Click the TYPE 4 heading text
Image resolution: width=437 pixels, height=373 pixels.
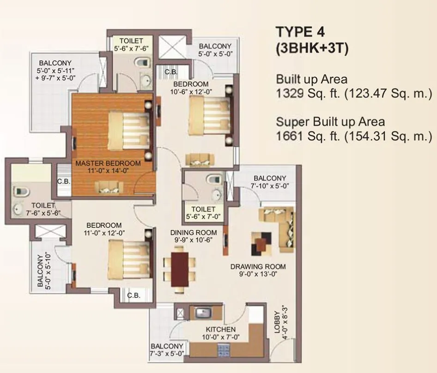coord(300,32)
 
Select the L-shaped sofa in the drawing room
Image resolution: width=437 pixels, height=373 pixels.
coord(277,222)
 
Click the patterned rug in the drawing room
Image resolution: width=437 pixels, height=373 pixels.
coord(261,243)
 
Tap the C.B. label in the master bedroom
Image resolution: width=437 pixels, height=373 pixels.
coord(64,181)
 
